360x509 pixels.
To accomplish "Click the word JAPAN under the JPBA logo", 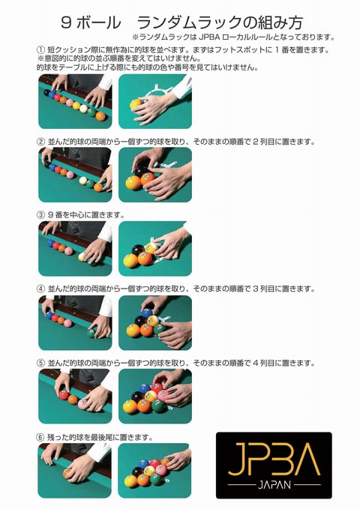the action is coord(274,485).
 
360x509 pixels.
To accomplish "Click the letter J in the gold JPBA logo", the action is coord(237,459).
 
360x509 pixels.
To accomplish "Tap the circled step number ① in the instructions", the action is coord(40,50).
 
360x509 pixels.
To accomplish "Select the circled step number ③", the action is coord(40,215).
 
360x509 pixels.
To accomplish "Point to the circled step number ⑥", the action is coord(40,437).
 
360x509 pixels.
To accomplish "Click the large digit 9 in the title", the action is coord(66,22).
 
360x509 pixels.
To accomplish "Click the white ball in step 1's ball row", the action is coord(84,109).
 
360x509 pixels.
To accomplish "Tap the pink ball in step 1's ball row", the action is coord(70,103).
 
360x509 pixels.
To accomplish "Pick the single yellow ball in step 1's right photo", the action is coord(136,104).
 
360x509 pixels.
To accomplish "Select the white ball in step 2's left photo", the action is coord(84,181).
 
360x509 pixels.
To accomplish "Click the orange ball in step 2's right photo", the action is coord(147,179).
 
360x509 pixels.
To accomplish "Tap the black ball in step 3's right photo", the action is coord(138,250).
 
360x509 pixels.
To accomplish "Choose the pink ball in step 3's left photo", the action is coord(69,250).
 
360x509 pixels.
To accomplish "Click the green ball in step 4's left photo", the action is coord(92,332).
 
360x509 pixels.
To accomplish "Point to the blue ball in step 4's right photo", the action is coord(146,313).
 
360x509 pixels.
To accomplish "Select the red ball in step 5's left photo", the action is coord(63,395).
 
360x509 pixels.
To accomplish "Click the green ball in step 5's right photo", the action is coord(159,406).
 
